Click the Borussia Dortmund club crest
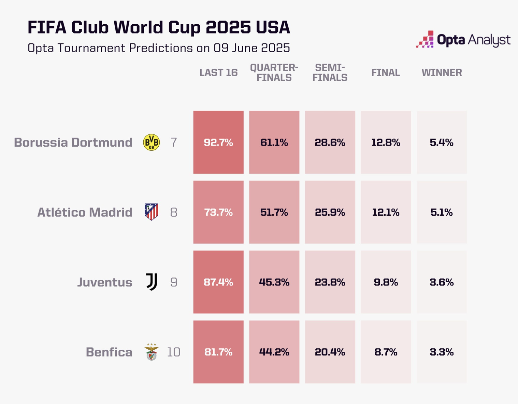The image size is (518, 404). (151, 142)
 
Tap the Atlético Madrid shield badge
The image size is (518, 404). (151, 212)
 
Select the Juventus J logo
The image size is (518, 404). (152, 282)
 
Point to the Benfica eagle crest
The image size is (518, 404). (152, 352)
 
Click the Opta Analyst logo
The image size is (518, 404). (463, 40)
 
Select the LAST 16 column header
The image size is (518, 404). (218, 72)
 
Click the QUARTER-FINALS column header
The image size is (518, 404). (274, 72)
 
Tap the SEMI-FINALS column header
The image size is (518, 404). (330, 72)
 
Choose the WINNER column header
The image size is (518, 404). (442, 72)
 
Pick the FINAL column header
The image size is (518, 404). (386, 72)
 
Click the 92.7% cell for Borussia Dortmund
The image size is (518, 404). (218, 142)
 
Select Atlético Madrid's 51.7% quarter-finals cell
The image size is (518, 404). (274, 212)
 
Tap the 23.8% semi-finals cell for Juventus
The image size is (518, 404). (330, 282)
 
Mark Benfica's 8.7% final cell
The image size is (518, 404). (386, 352)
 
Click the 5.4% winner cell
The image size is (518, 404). (442, 142)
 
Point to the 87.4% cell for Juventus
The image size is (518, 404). (218, 282)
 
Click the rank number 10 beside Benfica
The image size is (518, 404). (173, 352)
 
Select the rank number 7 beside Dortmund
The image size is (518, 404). (174, 142)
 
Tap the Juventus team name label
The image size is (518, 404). (104, 282)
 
